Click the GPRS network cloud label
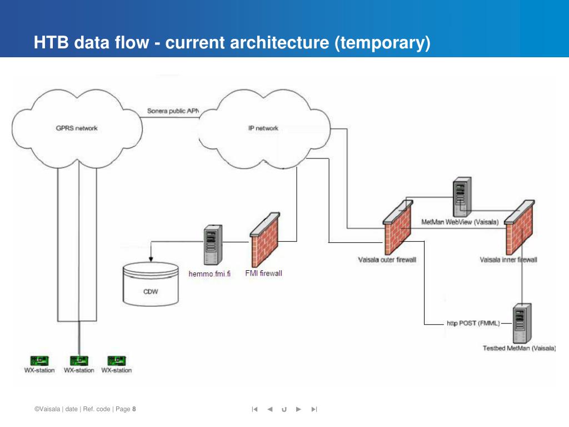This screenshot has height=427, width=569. [77, 128]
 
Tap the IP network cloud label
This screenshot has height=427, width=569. [263, 128]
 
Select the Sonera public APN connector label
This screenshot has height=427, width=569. [173, 111]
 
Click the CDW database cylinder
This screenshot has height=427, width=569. [151, 284]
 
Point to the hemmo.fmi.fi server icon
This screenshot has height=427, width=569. [213, 245]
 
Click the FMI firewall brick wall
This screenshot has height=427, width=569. [265, 240]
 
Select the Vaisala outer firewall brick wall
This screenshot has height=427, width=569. [398, 227]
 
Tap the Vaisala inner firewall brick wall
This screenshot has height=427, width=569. [520, 227]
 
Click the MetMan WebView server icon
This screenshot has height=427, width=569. [462, 197]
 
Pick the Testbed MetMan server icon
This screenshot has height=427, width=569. [522, 323]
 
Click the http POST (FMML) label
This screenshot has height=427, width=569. [473, 323]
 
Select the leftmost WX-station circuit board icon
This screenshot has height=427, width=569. [39, 361]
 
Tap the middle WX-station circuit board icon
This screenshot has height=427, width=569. [79, 361]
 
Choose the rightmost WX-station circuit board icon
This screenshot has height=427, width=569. [117, 361]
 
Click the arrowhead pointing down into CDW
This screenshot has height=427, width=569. [151, 259]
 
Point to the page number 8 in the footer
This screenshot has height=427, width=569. [134, 409]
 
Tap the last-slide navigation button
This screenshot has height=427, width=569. [315, 409]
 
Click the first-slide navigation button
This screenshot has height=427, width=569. [254, 409]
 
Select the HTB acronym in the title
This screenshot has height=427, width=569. [51, 42]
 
